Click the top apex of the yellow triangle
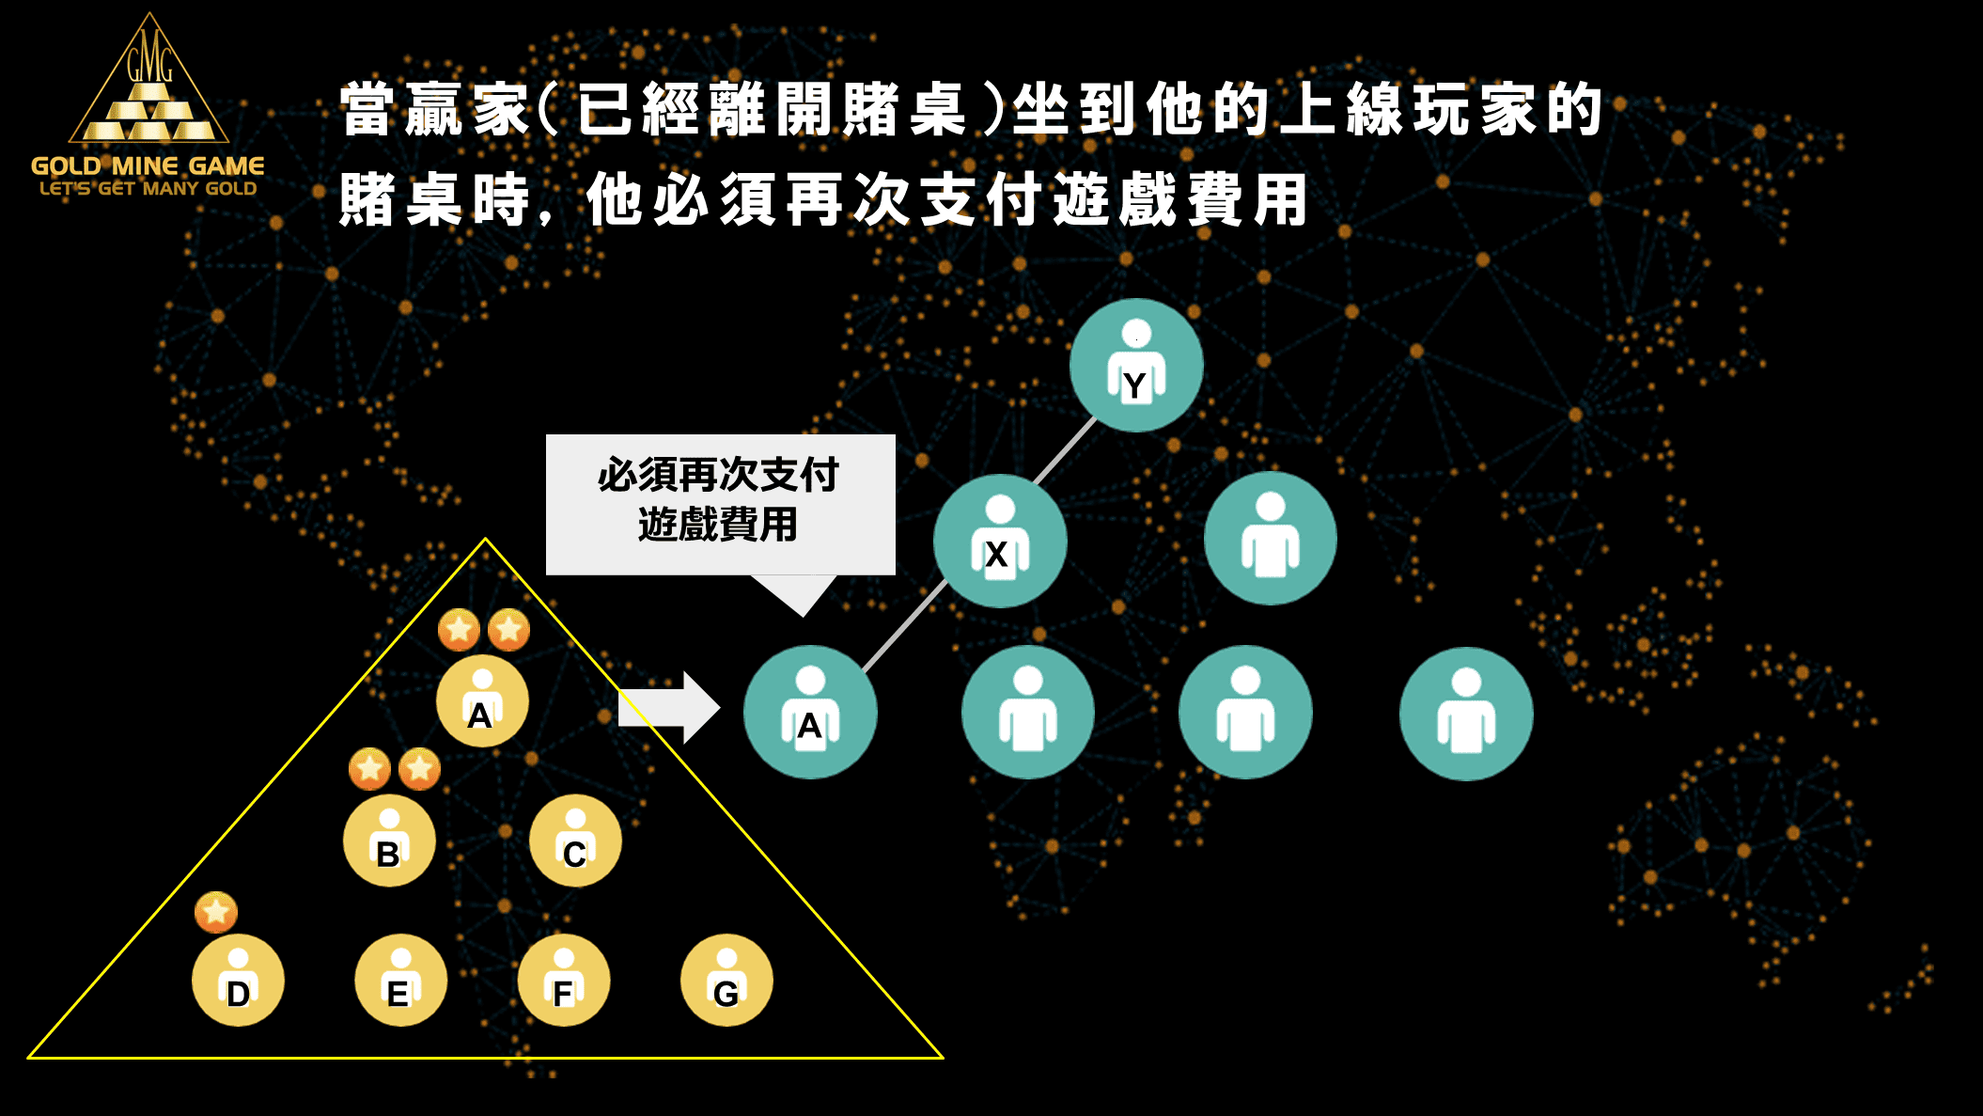(485, 539)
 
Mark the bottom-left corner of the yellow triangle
(29, 1058)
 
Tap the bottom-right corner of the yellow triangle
(943, 1058)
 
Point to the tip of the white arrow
(720, 708)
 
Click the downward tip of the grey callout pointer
(804, 617)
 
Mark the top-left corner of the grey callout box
(547, 435)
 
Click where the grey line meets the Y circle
(1095, 418)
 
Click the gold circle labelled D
(238, 981)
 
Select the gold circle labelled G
(726, 981)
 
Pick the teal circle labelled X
(1000, 541)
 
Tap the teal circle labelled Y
(1136, 365)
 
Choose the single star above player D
(216, 912)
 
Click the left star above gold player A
(460, 629)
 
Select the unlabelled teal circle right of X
(1271, 538)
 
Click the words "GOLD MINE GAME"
(148, 166)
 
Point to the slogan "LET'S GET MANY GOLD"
(148, 188)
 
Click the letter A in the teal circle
(809, 727)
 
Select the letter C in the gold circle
(575, 855)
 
